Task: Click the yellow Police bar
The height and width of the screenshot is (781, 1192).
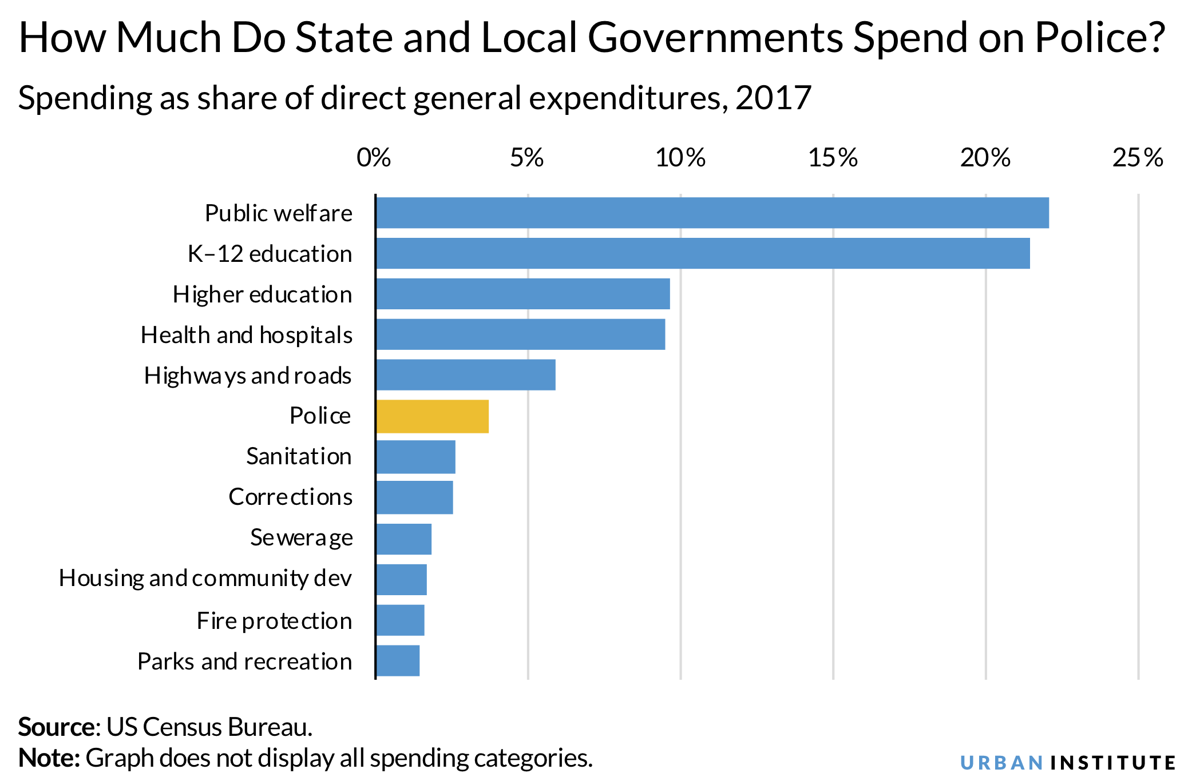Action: [x=433, y=416]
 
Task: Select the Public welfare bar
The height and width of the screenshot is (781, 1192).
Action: [x=712, y=213]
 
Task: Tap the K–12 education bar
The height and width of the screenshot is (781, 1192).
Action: [x=703, y=253]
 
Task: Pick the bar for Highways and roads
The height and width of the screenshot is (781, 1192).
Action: [x=466, y=375]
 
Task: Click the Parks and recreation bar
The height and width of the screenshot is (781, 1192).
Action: [x=398, y=661]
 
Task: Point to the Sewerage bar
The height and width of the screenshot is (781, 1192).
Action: [x=404, y=539]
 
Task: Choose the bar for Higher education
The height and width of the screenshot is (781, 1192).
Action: [x=523, y=294]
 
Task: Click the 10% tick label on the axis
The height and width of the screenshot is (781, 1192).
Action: [x=680, y=158]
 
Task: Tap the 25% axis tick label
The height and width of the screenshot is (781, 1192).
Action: [x=1138, y=158]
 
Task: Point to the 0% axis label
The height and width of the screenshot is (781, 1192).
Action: [x=374, y=158]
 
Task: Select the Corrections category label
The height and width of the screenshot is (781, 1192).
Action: [x=290, y=497]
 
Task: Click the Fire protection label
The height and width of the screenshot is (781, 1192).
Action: [x=274, y=621]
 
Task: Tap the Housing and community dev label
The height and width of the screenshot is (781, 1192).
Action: [x=205, y=579]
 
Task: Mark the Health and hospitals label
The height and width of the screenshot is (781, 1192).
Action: [x=247, y=335]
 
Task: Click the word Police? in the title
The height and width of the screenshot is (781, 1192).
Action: [x=1099, y=38]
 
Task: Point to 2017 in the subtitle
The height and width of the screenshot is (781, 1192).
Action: [x=773, y=98]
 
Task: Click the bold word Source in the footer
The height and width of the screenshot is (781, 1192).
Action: [x=56, y=727]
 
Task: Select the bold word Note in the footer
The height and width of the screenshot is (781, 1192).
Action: [x=48, y=758]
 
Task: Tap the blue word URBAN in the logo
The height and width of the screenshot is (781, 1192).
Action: [x=1001, y=763]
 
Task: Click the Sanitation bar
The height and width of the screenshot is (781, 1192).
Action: [x=416, y=457]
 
